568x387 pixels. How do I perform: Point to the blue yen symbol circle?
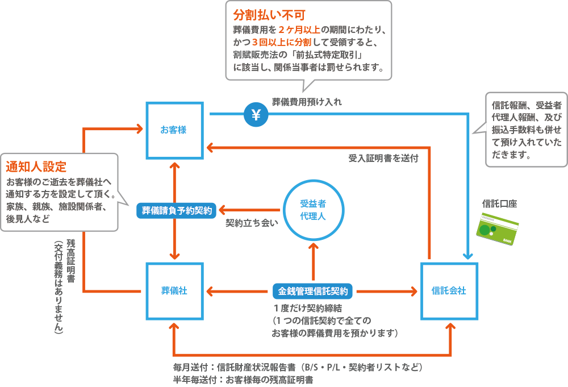[x=256, y=115]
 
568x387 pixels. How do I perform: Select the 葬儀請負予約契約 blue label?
[x=177, y=210]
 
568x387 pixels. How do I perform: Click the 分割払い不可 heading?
[x=262, y=14]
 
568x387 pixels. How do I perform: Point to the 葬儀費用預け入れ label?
[x=307, y=102]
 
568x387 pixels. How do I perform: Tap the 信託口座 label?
[x=499, y=203]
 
